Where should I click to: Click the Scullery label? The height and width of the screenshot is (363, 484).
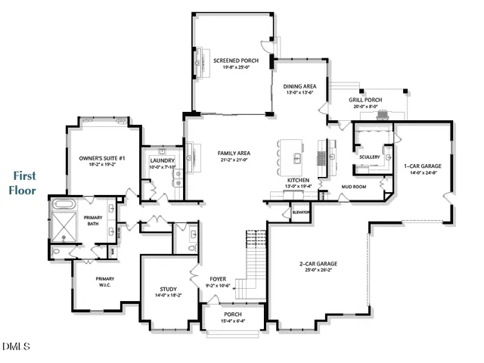click(370, 157)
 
